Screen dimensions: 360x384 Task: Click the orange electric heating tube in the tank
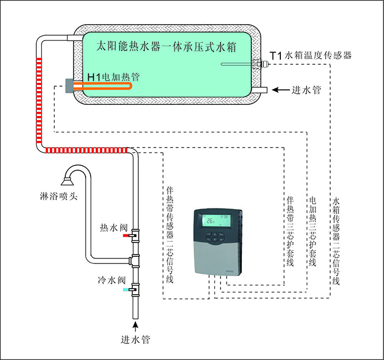coord(104,87)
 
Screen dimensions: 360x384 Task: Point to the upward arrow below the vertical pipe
coord(135,323)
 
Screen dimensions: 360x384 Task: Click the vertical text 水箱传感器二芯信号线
coord(336,241)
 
